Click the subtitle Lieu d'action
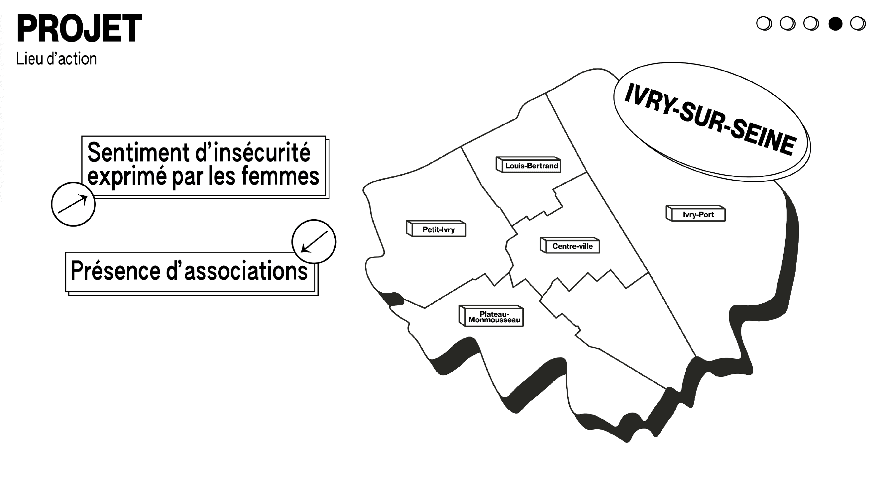click(56, 59)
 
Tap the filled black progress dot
click(835, 24)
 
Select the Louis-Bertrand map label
click(531, 166)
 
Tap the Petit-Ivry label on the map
click(439, 230)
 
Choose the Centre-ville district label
click(572, 246)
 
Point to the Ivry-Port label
click(698, 215)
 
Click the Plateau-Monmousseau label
click(494, 317)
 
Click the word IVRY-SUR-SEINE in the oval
click(711, 120)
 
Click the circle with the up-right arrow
click(73, 204)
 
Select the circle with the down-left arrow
click(314, 242)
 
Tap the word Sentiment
click(138, 152)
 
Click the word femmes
click(280, 176)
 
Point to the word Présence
click(115, 270)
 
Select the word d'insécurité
click(253, 152)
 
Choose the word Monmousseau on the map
click(494, 320)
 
